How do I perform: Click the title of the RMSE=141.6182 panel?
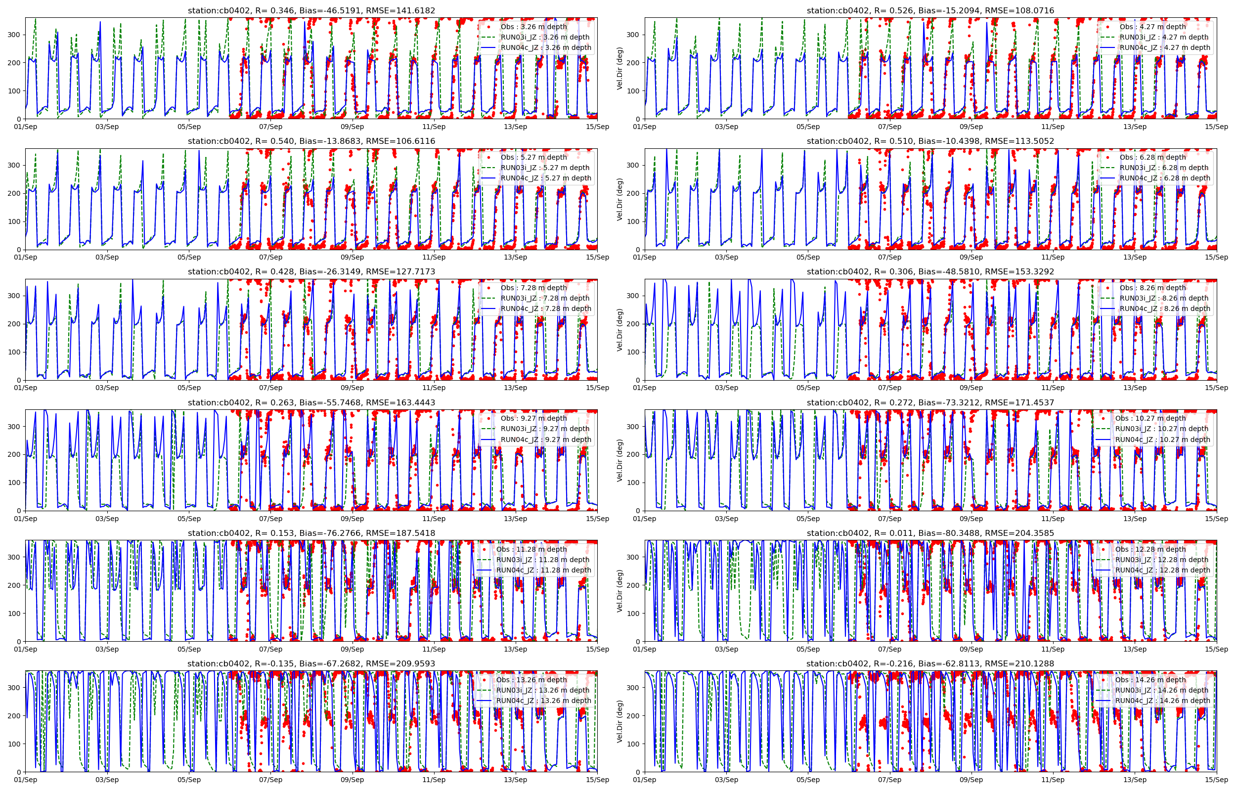311,10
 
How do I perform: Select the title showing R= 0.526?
930,10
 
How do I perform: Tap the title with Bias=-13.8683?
311,141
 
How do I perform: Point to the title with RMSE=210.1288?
930,663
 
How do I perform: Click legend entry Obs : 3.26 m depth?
533,27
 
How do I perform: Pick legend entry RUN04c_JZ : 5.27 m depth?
546,178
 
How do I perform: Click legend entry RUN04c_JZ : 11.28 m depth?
543,570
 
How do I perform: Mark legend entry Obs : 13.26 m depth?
531,680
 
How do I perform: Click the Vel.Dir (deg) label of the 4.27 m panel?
620,68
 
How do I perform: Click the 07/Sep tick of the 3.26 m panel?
270,127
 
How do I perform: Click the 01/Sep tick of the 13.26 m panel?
26,780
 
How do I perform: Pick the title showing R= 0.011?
930,533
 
